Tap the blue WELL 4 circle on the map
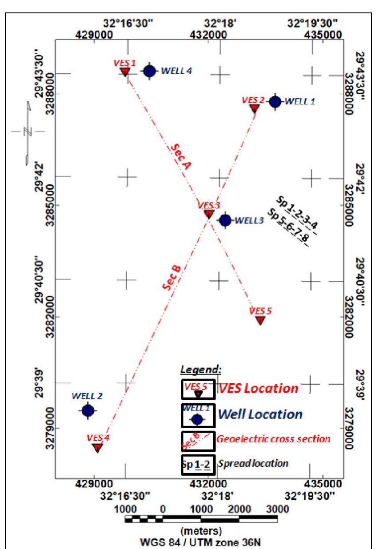(x=149, y=71)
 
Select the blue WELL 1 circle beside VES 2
(x=275, y=101)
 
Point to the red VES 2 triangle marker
(x=255, y=108)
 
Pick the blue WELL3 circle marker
(x=225, y=220)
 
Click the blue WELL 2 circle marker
(x=88, y=410)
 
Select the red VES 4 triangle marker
(x=97, y=447)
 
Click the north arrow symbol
(x=28, y=131)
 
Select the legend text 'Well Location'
(x=260, y=414)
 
